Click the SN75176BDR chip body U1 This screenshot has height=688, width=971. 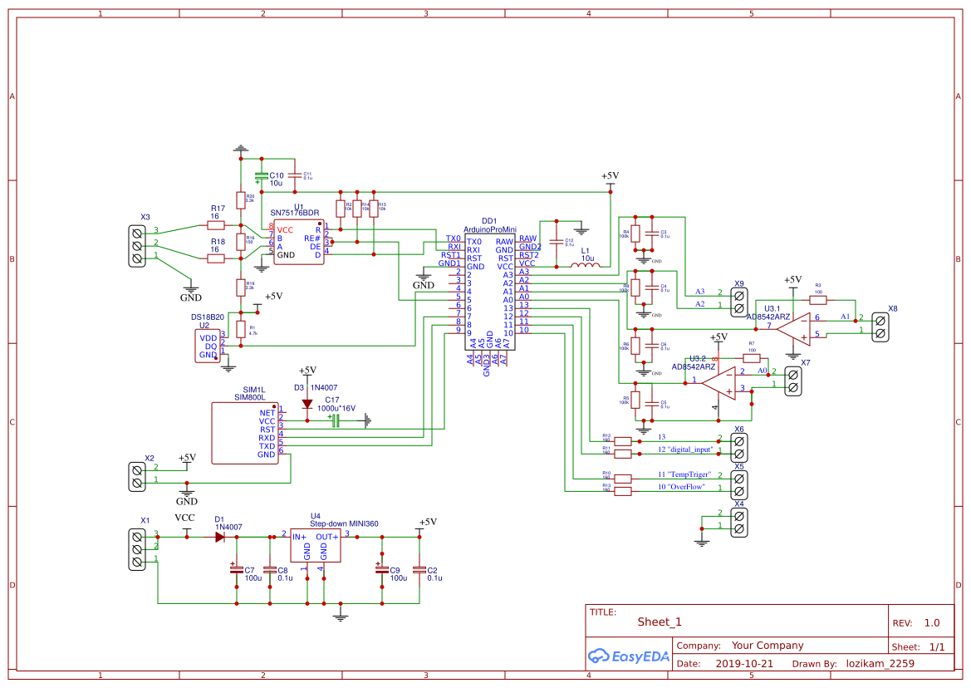pyautogui.click(x=299, y=243)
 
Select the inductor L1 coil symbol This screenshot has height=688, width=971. pyautogui.click(x=586, y=266)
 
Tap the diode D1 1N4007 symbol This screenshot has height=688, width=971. pyautogui.click(x=219, y=537)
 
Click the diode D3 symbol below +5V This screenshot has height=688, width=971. pyautogui.click(x=307, y=404)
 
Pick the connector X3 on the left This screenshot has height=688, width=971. pyautogui.click(x=137, y=245)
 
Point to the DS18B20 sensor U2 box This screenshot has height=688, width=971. pyautogui.click(x=207, y=346)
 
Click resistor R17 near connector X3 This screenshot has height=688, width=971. pyautogui.click(x=216, y=224)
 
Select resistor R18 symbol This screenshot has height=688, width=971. pyautogui.click(x=216, y=258)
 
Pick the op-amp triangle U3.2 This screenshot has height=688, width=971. pyautogui.click(x=718, y=384)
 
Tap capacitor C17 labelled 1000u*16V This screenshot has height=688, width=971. pyautogui.click(x=336, y=421)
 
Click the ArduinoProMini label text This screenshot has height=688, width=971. pyautogui.click(x=490, y=229)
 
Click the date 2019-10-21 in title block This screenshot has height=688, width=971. pyautogui.click(x=743, y=664)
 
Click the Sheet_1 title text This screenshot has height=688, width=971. pyautogui.click(x=660, y=622)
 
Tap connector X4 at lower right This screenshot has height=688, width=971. pyautogui.click(x=738, y=519)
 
